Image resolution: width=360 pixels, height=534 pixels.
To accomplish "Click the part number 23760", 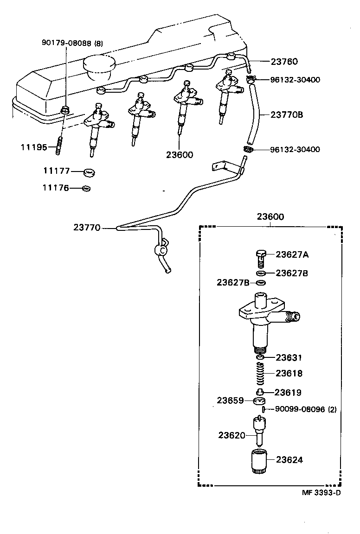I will coord(285,61).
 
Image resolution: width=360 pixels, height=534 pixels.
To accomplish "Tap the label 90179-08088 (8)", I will coord(72,44).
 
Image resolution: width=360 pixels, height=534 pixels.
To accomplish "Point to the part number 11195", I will coord(33,147).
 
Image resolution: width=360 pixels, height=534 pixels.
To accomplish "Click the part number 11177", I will coord(56,171).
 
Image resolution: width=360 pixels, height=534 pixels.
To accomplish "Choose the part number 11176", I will coord(56,188).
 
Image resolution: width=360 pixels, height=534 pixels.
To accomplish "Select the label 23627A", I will coord(292,254).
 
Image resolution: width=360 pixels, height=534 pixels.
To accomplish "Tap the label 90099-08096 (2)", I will coord(306,409).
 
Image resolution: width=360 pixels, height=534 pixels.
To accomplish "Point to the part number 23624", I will coord(289,460).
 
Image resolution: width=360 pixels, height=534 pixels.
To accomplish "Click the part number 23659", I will coord(231,400).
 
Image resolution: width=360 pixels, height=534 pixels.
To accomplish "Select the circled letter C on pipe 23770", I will coord(162,250).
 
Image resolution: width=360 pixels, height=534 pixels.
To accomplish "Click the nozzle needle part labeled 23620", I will coord(259,431).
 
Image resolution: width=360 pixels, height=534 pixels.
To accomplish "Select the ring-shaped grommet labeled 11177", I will coord(89,172).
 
